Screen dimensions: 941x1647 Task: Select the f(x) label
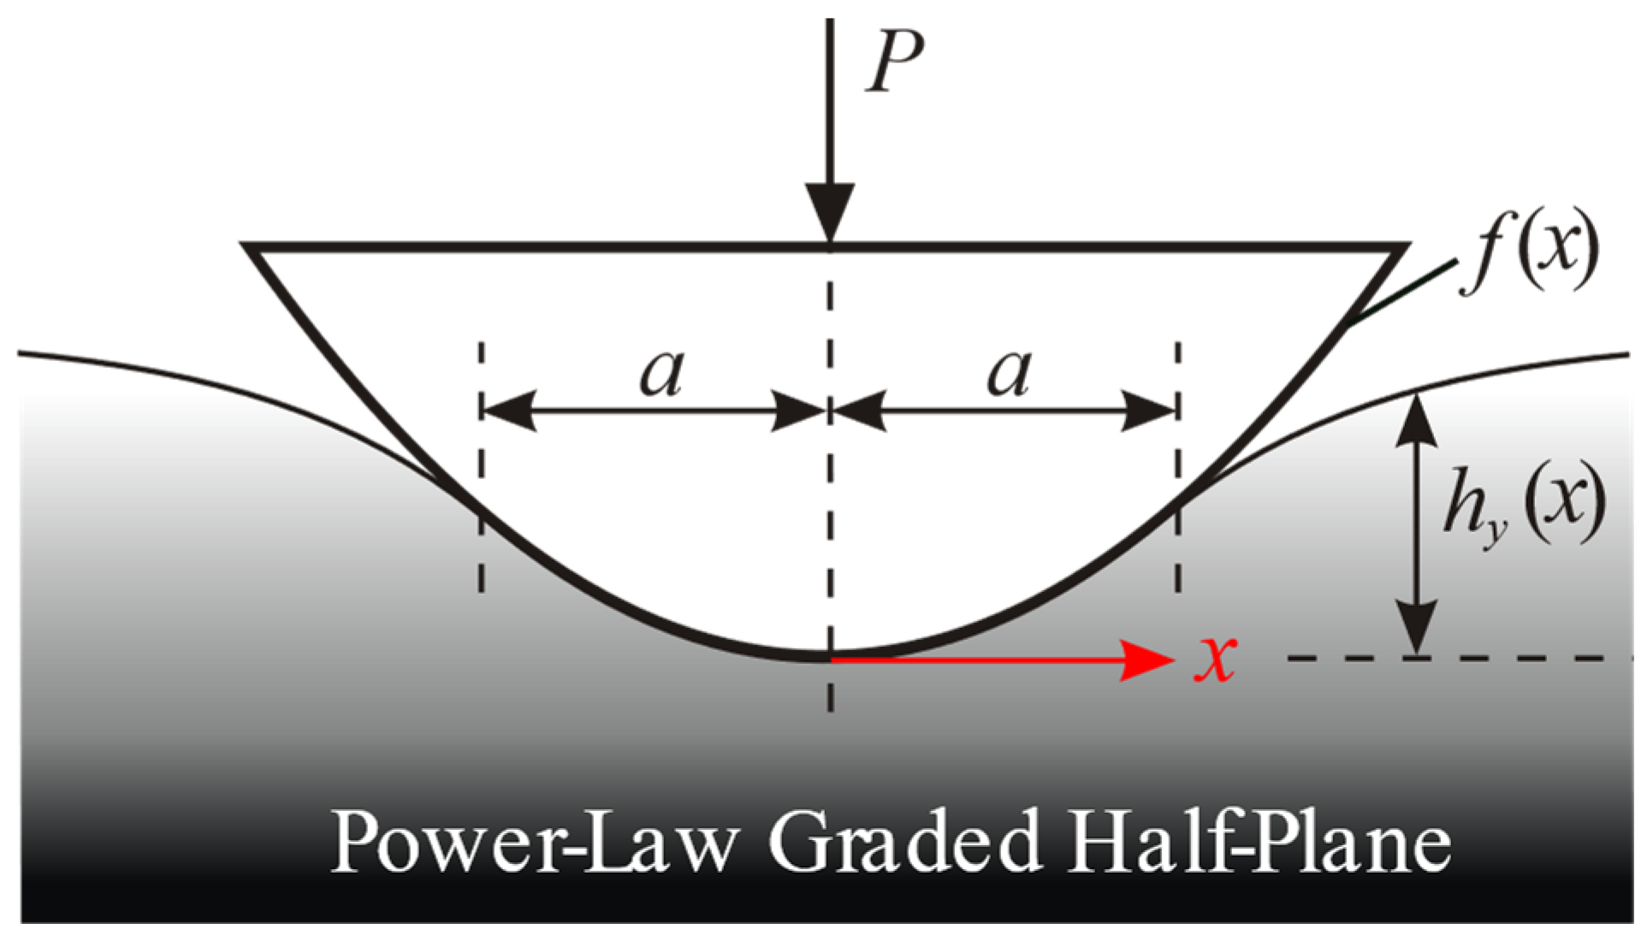click(x=1528, y=255)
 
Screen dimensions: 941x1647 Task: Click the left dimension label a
click(x=661, y=374)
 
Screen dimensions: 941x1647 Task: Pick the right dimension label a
click(x=1009, y=374)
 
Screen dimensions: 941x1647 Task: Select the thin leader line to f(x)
click(x=1403, y=293)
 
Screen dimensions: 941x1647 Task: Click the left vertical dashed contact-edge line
click(x=483, y=547)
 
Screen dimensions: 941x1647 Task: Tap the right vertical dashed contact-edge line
click(x=1178, y=547)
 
